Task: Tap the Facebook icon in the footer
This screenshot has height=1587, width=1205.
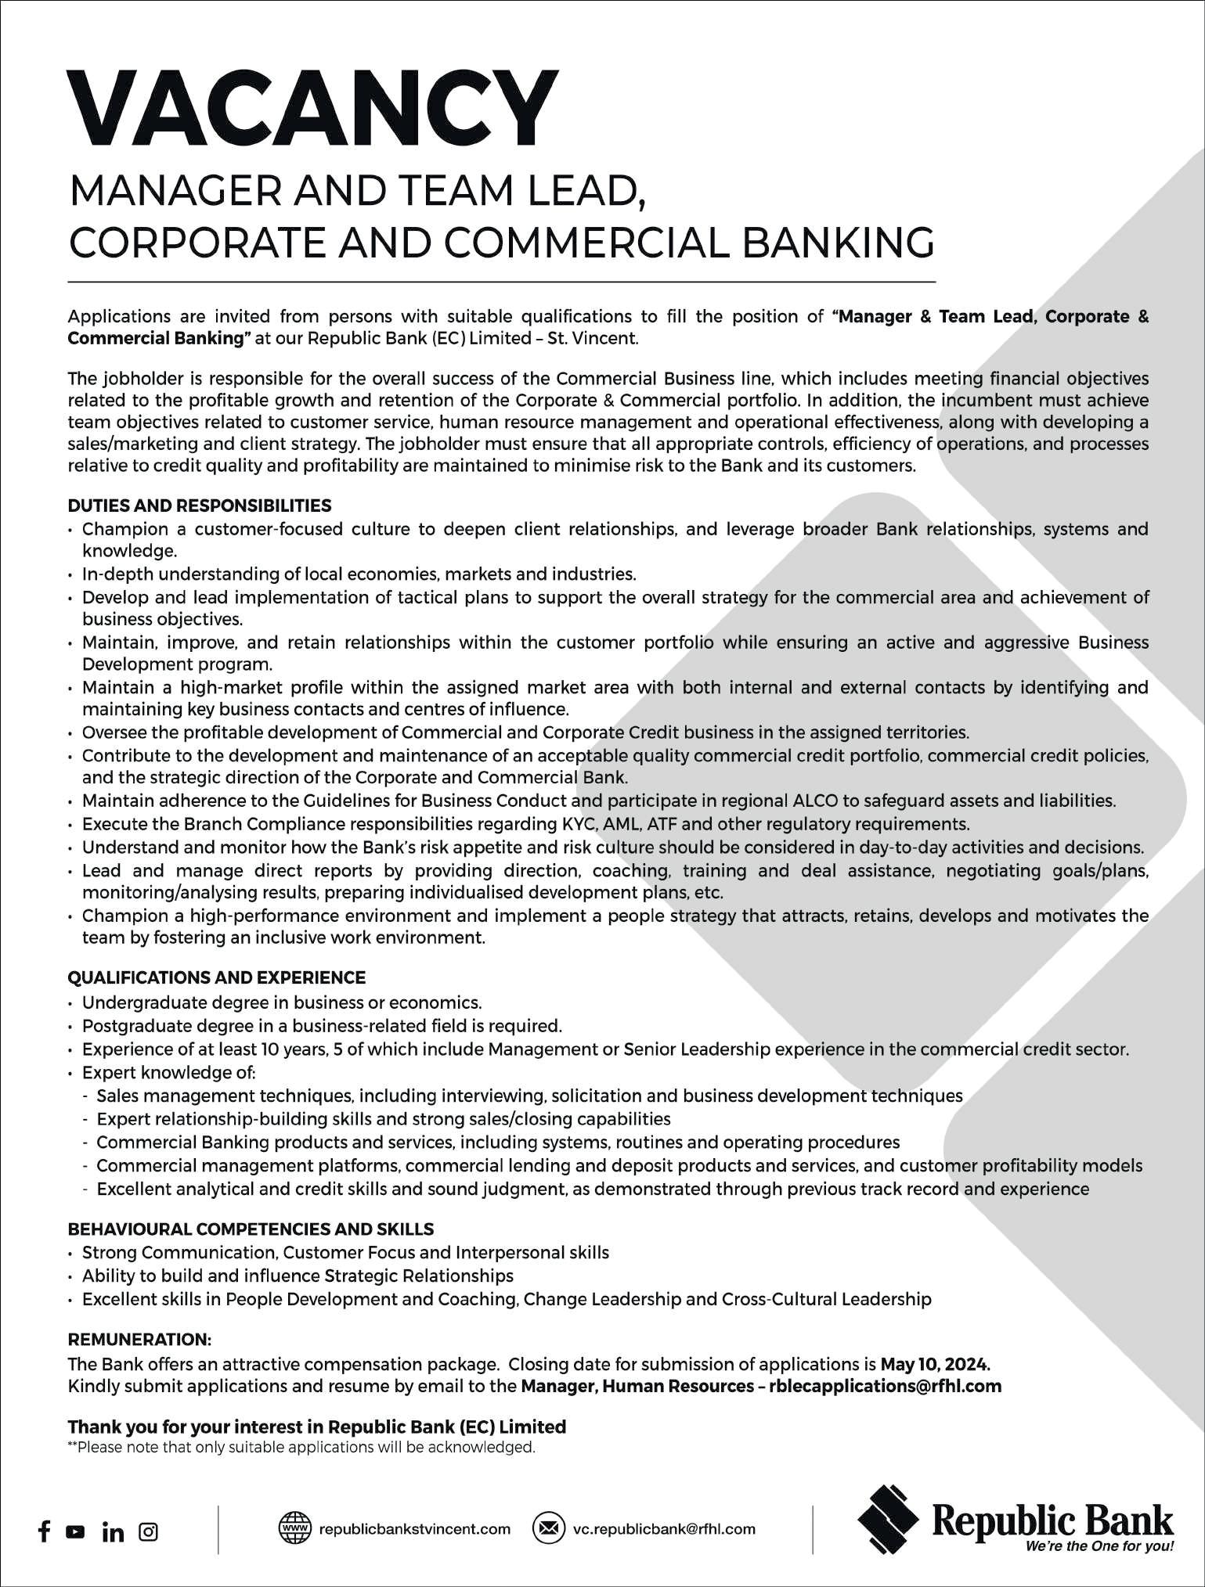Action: tap(45, 1531)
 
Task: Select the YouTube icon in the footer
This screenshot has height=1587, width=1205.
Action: tap(75, 1531)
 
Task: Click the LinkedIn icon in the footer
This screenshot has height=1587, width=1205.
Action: tap(113, 1531)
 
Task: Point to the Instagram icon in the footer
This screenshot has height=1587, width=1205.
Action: tap(148, 1531)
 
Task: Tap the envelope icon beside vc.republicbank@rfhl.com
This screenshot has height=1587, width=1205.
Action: tap(548, 1528)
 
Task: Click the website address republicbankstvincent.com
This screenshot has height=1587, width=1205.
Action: tap(414, 1528)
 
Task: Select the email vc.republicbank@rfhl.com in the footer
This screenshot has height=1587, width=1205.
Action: tap(664, 1528)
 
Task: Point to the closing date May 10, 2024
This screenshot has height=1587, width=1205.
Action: tap(935, 1364)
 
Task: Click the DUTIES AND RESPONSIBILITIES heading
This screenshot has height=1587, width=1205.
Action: tap(200, 506)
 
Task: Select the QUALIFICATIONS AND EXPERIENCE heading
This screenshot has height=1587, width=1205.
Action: tap(217, 977)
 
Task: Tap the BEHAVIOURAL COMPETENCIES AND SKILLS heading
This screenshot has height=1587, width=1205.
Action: tap(251, 1229)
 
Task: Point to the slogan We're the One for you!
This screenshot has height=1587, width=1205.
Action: tap(1099, 1546)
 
